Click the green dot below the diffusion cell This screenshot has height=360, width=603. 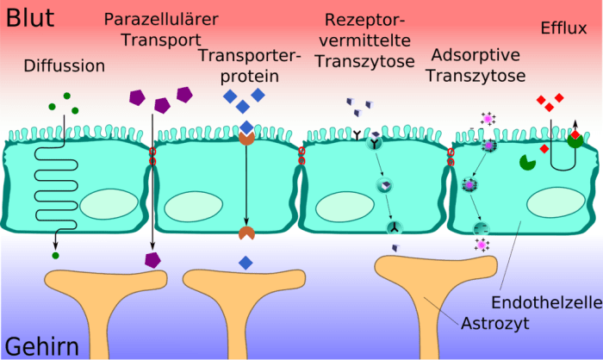point(56,255)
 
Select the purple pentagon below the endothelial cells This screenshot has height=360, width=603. point(152,259)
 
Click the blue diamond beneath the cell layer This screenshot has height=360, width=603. point(246,261)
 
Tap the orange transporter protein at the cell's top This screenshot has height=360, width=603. point(246,137)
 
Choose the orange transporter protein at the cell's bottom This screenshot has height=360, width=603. point(246,233)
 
